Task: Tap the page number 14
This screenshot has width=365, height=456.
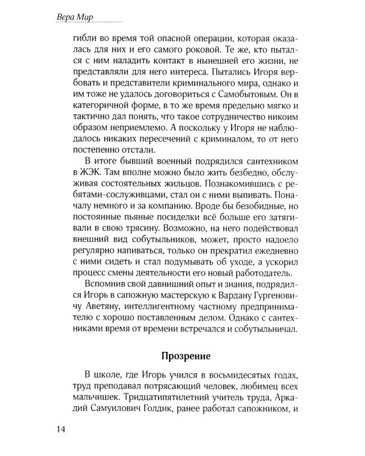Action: [x=60, y=429]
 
